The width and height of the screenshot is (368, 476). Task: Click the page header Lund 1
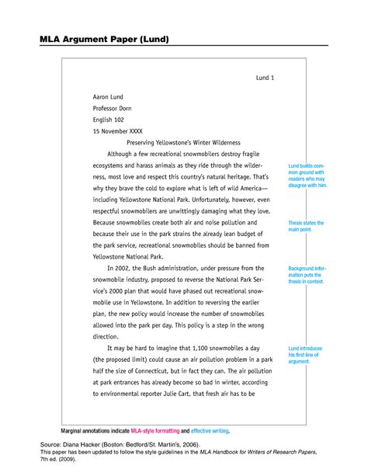tap(266, 78)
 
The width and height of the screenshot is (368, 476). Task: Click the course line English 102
tap(113, 121)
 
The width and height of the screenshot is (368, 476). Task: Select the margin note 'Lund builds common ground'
tap(308, 175)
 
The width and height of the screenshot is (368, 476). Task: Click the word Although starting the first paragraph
tap(124, 155)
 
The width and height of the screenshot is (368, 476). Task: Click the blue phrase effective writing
tap(210, 429)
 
